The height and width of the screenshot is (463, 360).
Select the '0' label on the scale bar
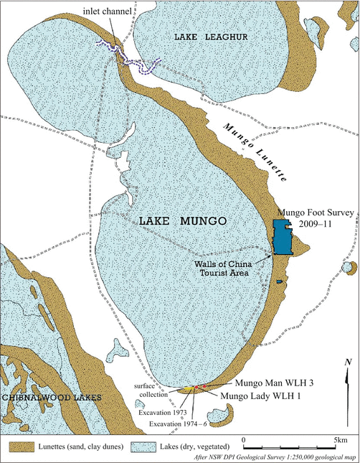(x=245, y=439)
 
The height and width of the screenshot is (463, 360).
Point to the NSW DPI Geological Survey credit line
(x=275, y=457)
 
